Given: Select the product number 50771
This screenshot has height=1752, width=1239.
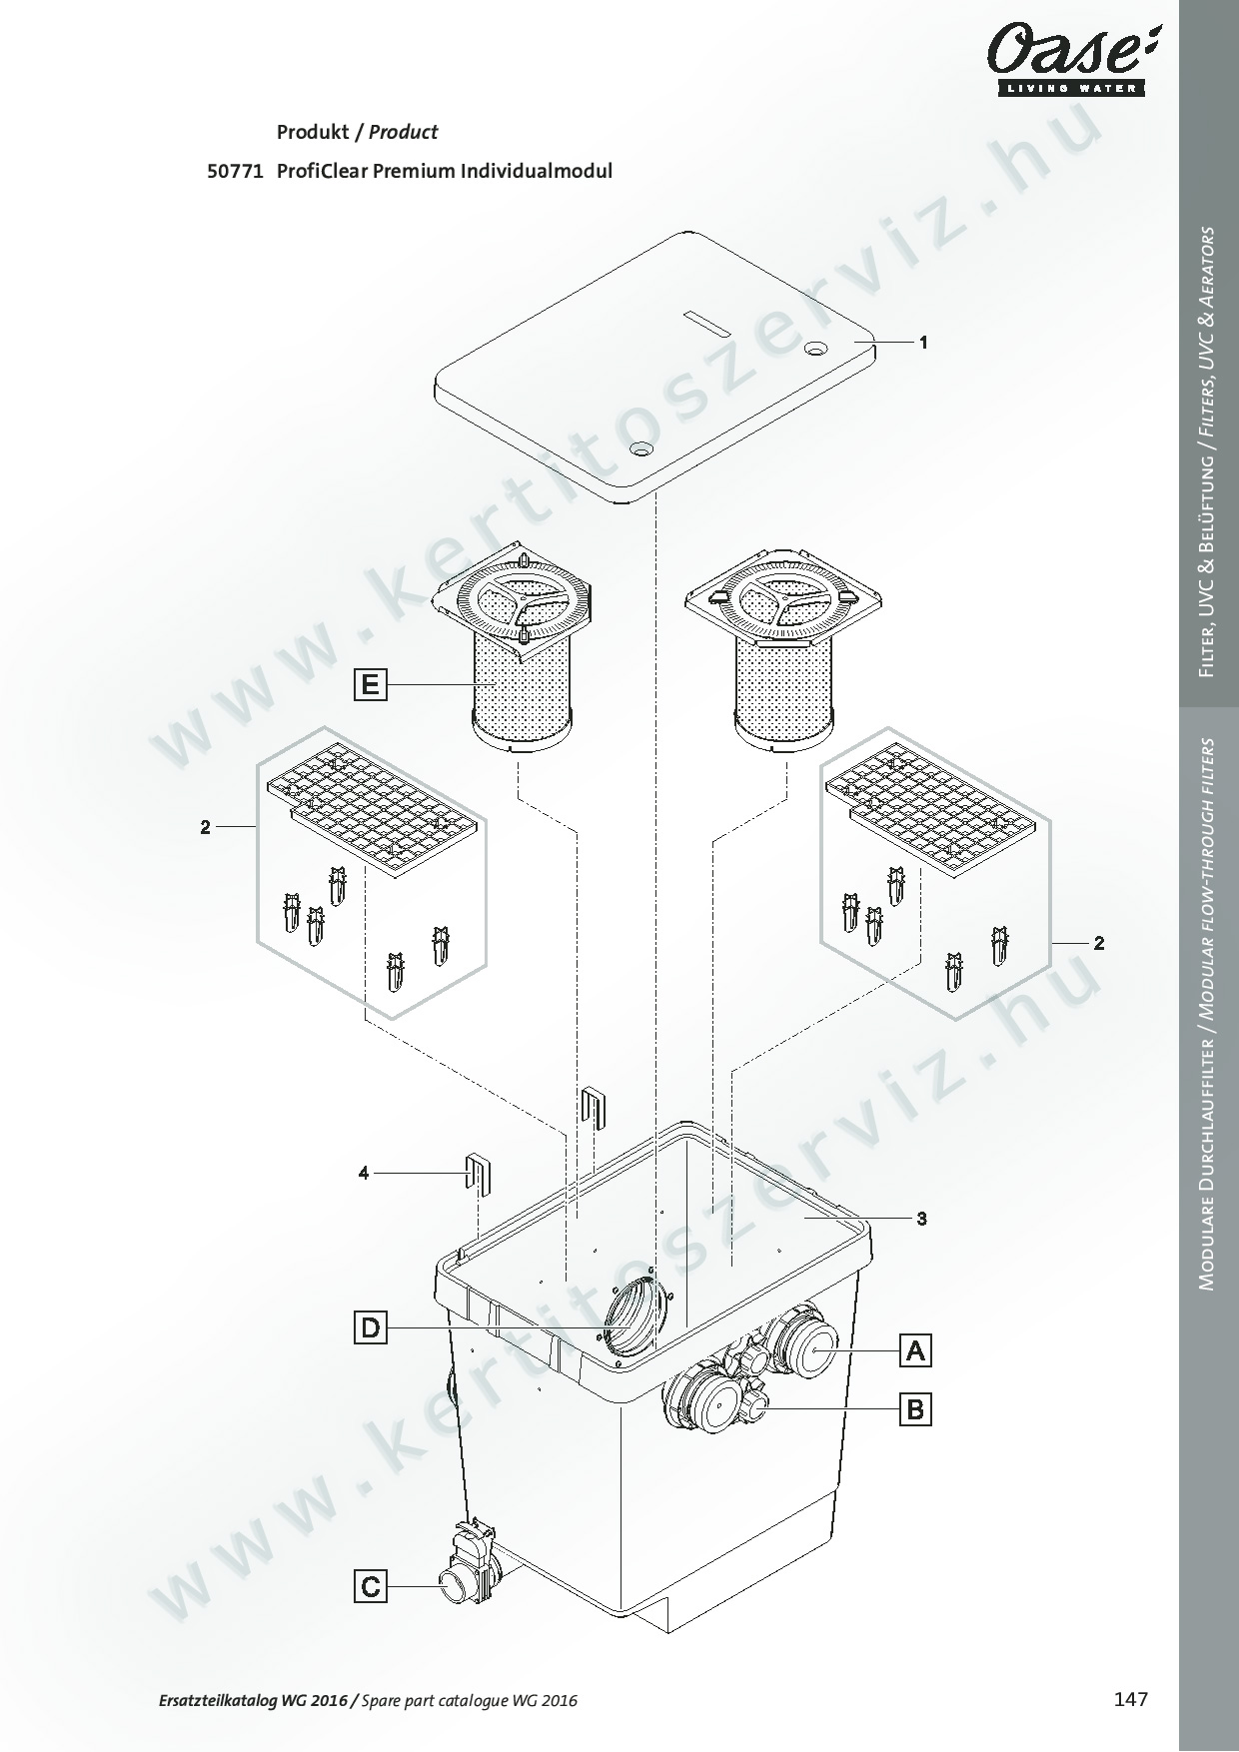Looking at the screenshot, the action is (234, 171).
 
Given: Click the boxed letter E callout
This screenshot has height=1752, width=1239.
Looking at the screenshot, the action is (371, 685).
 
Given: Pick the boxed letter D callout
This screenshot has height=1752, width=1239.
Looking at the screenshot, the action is (371, 1328).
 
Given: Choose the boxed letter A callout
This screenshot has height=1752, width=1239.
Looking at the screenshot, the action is (915, 1350).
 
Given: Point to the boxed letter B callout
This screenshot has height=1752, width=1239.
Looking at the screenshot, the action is (915, 1409).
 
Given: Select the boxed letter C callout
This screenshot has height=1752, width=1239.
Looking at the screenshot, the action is (371, 1586).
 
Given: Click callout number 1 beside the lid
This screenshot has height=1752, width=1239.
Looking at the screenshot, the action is (924, 342).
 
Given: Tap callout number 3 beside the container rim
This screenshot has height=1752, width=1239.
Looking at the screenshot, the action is (922, 1219).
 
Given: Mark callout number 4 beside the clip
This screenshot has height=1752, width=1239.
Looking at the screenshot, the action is (364, 1173).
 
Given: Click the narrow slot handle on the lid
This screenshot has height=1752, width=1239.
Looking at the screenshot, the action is (708, 325).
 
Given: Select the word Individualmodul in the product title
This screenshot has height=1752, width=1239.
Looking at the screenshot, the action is (537, 171).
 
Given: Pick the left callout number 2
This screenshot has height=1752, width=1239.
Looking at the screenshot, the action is (205, 827).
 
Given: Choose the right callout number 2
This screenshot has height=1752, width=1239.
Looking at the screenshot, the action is (1099, 943).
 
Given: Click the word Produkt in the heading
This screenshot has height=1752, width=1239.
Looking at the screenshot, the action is (311, 132).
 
